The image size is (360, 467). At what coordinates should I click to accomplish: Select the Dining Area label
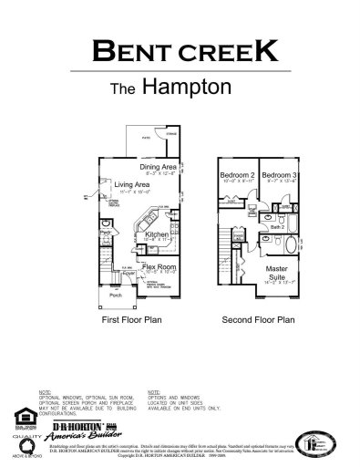158,168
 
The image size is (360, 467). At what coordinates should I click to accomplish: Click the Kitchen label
158,234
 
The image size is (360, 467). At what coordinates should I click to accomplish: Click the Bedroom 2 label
237,174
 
